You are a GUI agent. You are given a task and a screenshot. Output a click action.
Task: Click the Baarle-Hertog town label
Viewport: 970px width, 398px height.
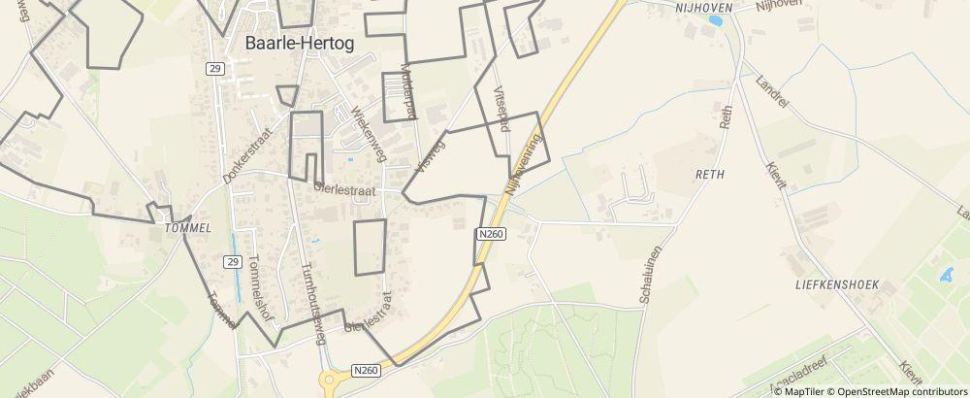(x=300, y=43)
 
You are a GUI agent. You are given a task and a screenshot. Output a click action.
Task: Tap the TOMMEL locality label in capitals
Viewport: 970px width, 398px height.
(x=188, y=228)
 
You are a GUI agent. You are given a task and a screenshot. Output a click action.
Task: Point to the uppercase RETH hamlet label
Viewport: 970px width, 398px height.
(x=710, y=174)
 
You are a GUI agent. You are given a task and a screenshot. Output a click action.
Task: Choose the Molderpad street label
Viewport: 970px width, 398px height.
(x=408, y=93)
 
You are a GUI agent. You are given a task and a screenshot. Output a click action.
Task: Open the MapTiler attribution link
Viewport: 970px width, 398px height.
(x=806, y=391)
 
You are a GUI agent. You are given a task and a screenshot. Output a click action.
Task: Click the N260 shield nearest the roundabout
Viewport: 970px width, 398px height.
(x=366, y=369)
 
